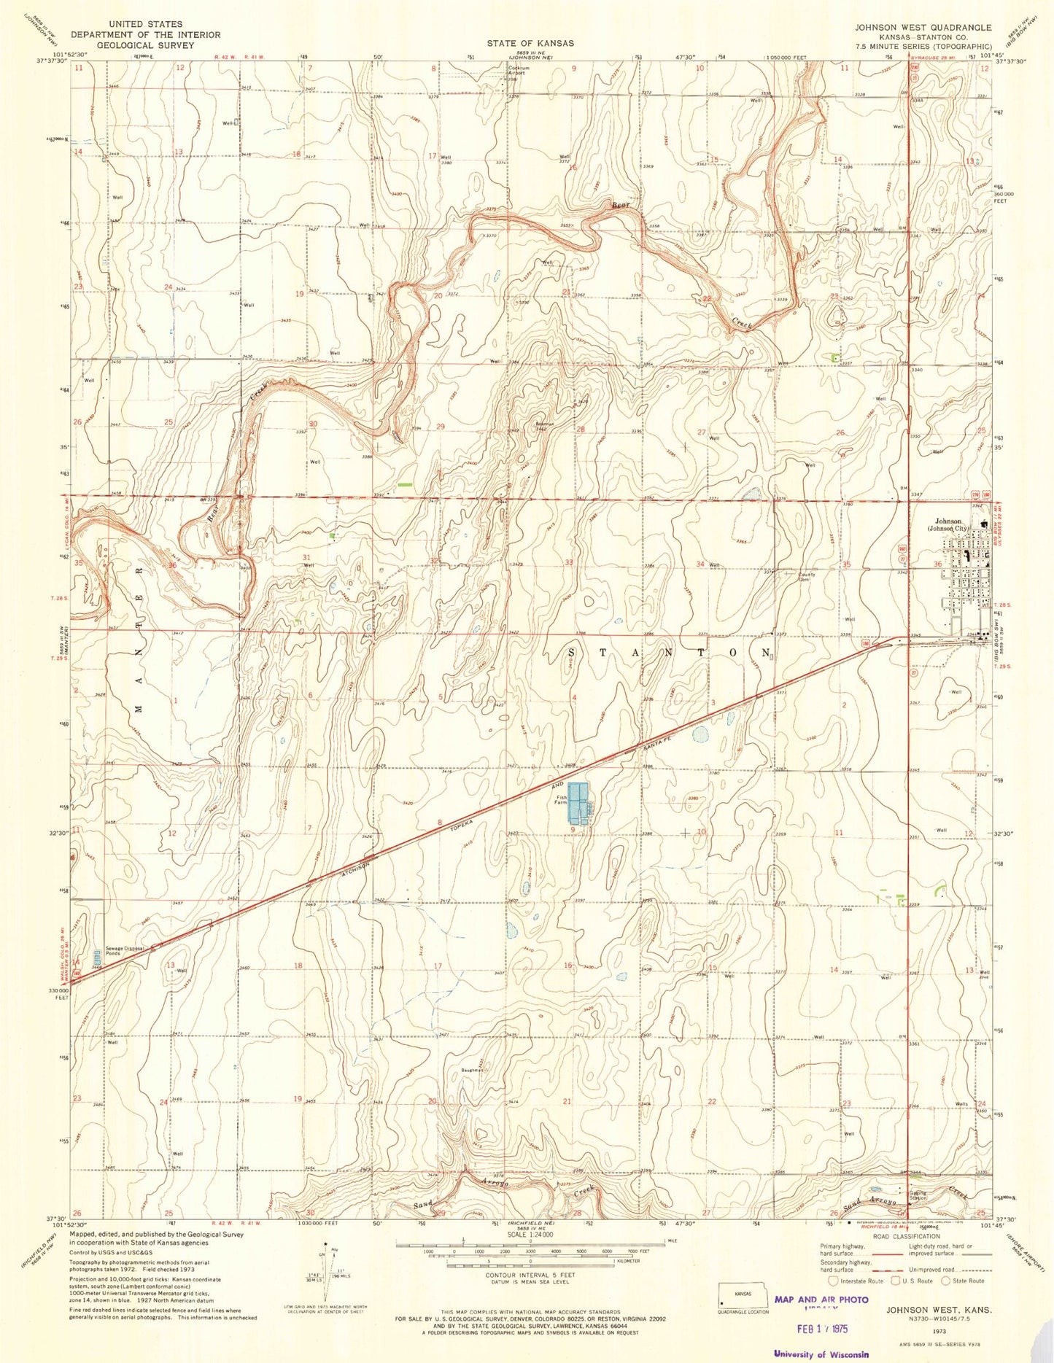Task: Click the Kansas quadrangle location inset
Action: pos(743,1296)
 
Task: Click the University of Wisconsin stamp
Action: pos(821,1354)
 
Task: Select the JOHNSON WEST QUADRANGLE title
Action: pos(924,28)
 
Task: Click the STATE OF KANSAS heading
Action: pos(531,44)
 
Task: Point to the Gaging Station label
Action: pos(897,1197)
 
